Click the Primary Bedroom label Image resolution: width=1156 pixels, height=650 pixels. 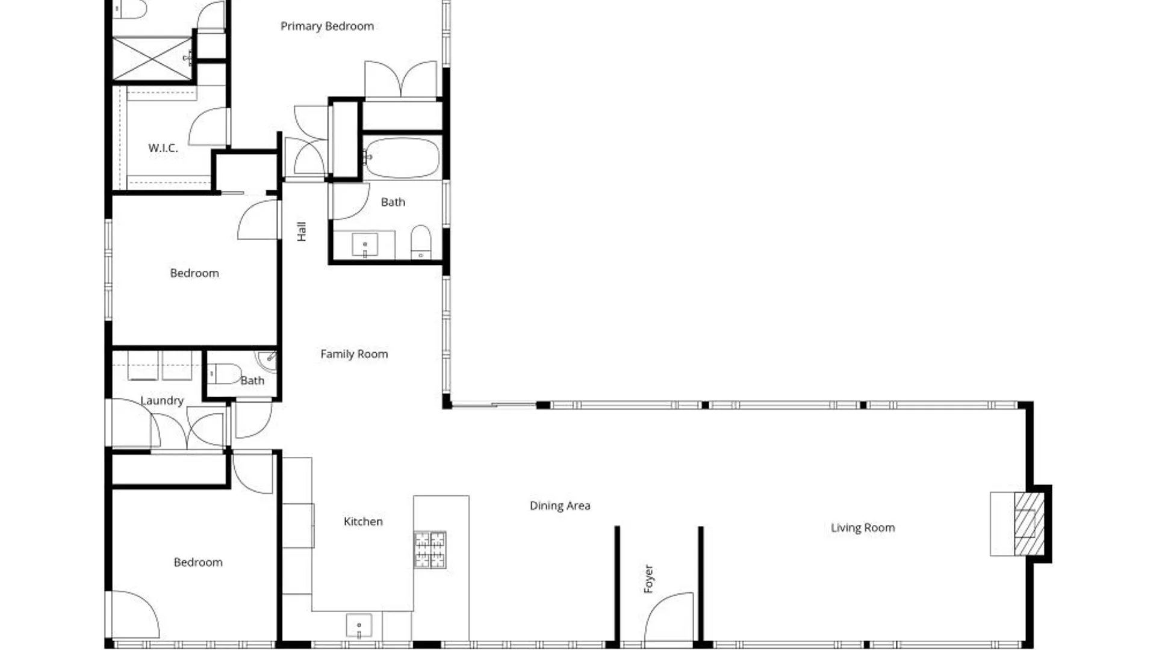click(327, 26)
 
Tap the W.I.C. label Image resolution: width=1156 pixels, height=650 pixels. click(163, 147)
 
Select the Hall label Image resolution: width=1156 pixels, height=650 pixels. click(302, 231)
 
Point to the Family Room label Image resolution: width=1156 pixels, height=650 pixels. click(354, 354)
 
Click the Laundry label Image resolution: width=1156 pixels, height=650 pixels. click(161, 401)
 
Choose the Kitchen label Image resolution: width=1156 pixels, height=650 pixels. click(363, 521)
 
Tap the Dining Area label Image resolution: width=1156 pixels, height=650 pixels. click(560, 506)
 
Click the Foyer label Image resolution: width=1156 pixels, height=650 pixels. click(648, 578)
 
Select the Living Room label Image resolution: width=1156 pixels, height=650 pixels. click(863, 528)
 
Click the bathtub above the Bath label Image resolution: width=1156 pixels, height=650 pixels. click(402, 158)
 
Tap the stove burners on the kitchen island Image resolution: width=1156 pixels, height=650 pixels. click(430, 549)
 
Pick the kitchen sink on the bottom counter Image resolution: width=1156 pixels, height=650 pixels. click(359, 626)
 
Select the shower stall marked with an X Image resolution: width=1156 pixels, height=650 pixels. click(152, 58)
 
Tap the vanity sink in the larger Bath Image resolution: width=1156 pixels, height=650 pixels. click(365, 245)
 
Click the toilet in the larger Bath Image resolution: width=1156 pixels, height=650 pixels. click(421, 242)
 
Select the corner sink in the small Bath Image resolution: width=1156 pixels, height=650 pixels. click(267, 360)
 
